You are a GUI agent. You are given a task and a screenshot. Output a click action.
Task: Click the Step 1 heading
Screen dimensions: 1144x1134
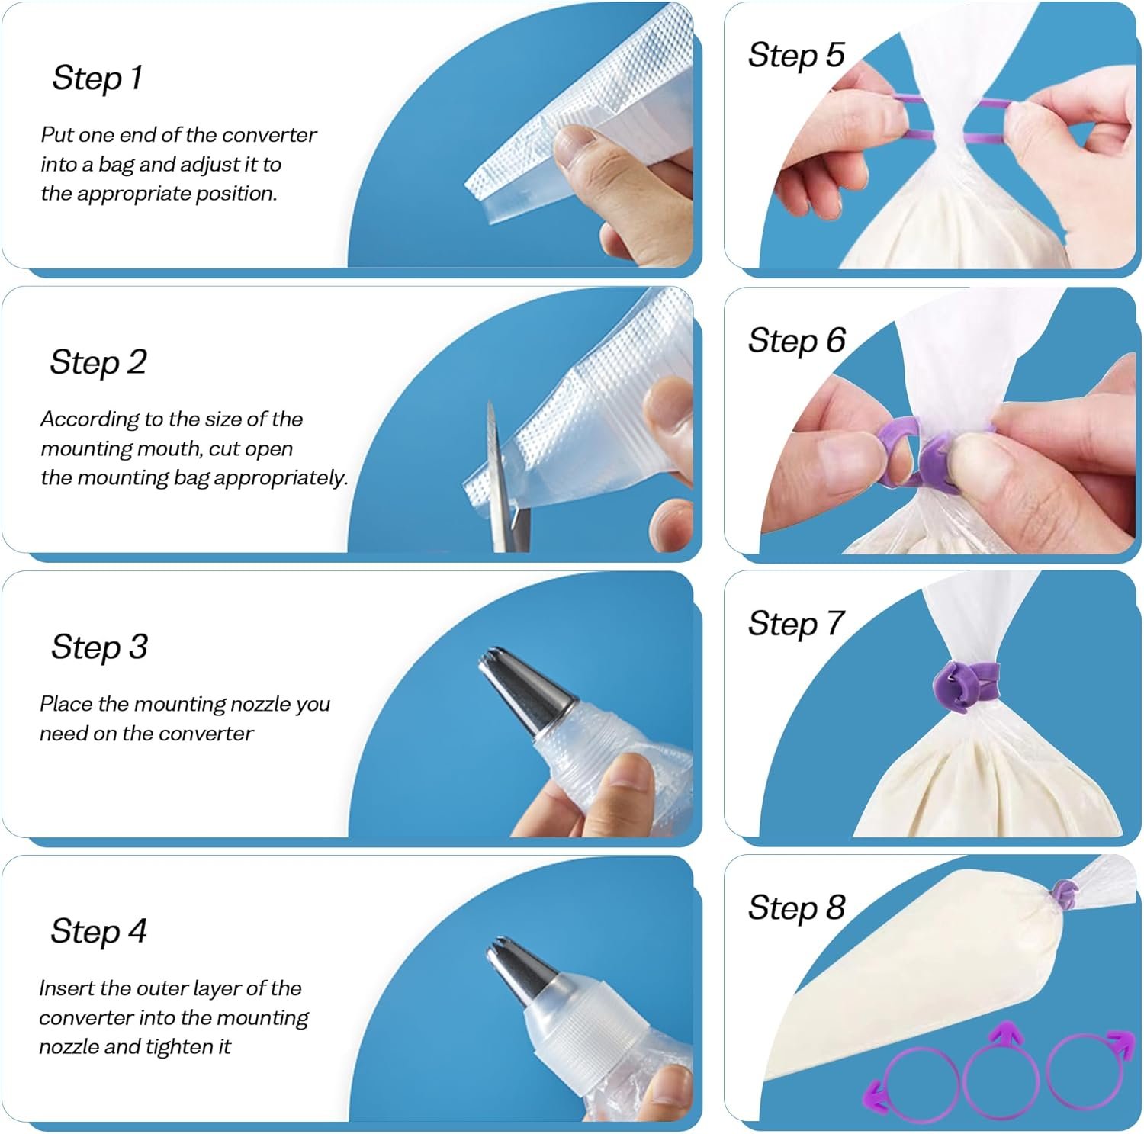click(97, 78)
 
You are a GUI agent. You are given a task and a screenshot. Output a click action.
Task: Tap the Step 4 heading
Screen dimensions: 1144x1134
click(98, 931)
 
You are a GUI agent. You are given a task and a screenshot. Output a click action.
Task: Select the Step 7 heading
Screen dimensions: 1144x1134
click(796, 624)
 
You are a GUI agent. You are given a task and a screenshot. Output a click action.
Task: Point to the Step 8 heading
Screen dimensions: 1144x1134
click(796, 908)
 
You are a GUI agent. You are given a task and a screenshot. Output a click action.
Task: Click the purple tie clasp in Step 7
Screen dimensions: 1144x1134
click(962, 684)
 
